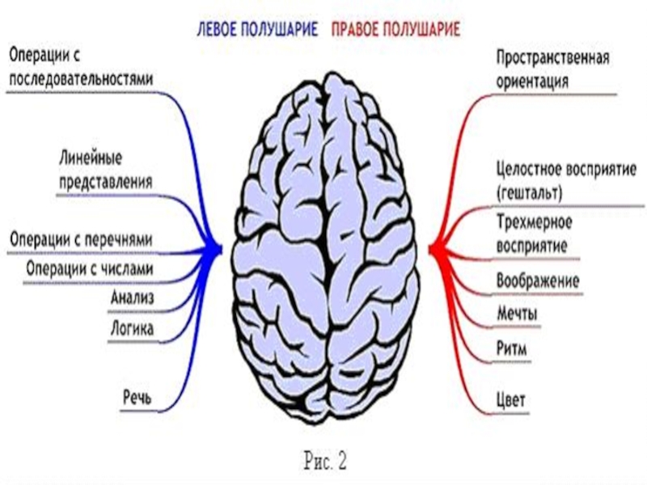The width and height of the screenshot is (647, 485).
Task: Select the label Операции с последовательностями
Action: click(81, 67)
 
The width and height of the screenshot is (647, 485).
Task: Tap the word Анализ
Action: click(132, 298)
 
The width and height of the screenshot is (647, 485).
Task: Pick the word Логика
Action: click(132, 328)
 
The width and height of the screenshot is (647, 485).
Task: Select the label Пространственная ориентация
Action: click(552, 70)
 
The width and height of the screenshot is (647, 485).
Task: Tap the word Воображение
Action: click(537, 281)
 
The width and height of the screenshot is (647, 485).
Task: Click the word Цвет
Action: click(511, 399)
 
